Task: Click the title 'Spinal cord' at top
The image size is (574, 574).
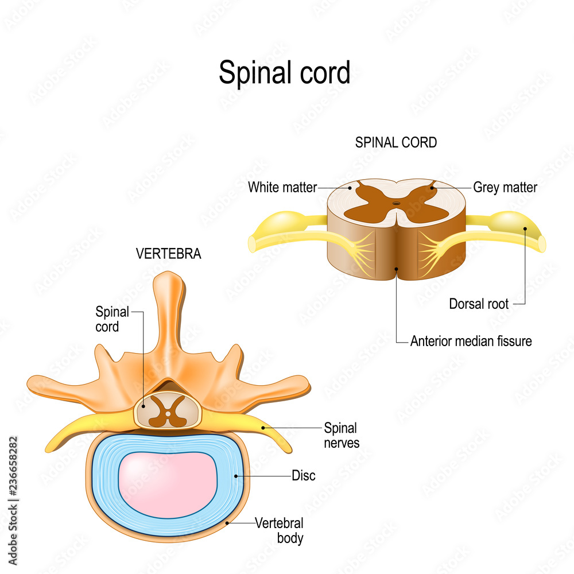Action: [284, 73]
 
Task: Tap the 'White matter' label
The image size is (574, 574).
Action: [282, 187]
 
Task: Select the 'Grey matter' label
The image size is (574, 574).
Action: [505, 187]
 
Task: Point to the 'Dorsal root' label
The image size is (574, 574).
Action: [479, 304]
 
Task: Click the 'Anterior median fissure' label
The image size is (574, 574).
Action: [471, 342]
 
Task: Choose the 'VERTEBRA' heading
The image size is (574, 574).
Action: [169, 254]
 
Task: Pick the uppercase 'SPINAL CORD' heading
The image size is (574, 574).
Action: [396, 143]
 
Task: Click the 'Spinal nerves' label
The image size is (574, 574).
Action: [342, 435]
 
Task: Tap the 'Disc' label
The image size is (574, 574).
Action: [304, 476]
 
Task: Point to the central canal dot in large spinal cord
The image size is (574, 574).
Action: [395, 203]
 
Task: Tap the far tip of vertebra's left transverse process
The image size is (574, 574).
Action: [32, 385]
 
